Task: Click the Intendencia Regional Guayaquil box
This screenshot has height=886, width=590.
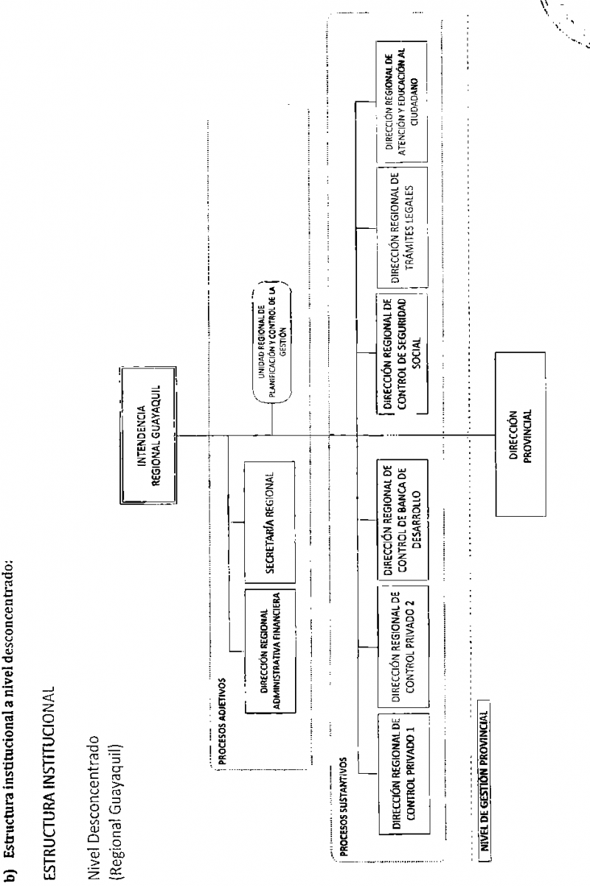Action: [x=148, y=435]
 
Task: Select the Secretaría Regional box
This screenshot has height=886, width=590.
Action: [x=270, y=522]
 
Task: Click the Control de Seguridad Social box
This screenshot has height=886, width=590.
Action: [x=402, y=354]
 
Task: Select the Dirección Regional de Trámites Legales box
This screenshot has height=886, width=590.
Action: [x=402, y=227]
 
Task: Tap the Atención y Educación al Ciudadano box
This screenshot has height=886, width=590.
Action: [x=401, y=102]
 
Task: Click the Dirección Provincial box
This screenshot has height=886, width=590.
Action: [x=521, y=434]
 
